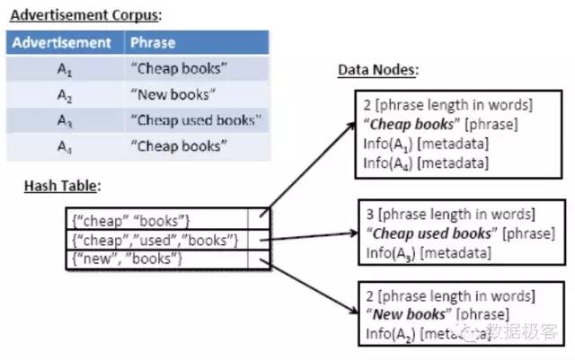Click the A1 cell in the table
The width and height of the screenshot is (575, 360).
point(64,68)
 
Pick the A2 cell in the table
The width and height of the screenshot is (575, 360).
point(64,94)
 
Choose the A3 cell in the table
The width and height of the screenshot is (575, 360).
point(64,119)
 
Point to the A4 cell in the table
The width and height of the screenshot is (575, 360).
point(64,145)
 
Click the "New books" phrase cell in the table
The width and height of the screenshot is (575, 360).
point(173,94)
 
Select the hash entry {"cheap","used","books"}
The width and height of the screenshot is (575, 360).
point(155,240)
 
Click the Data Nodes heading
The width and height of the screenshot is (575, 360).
point(376,69)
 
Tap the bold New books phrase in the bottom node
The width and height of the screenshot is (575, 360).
point(410,314)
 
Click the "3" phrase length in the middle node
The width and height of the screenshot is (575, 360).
point(368,215)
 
